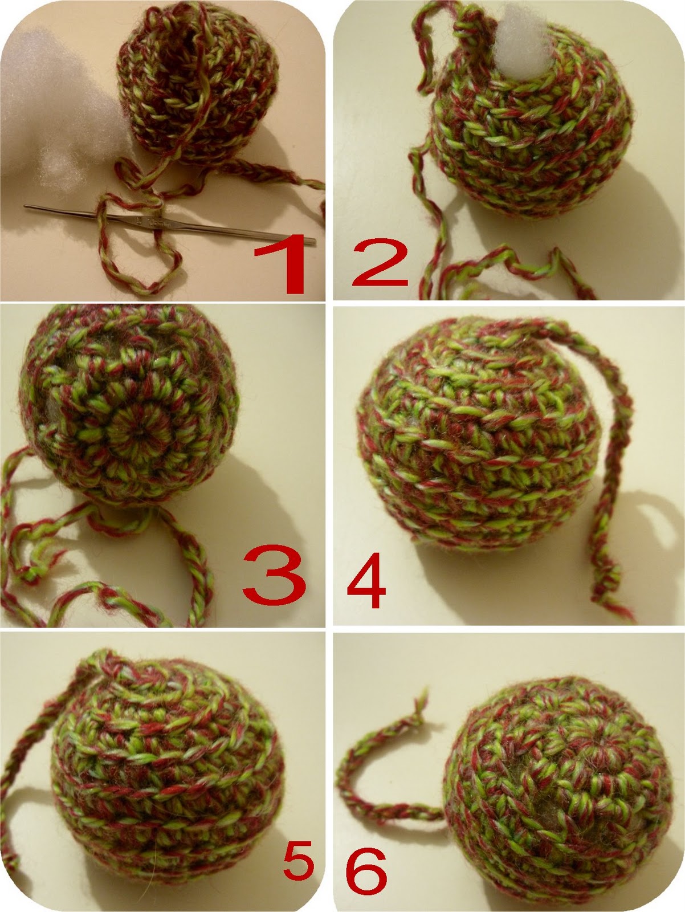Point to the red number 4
(x=367, y=586)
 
